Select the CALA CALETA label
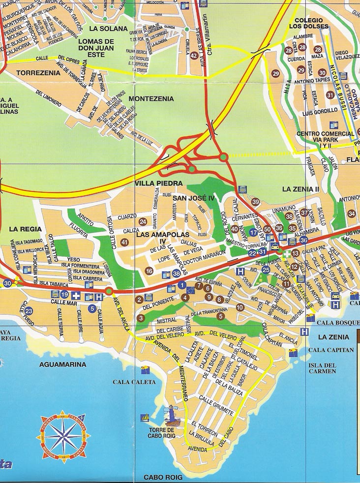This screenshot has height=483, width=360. coord(134,382)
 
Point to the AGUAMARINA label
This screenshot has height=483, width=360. coord(62,364)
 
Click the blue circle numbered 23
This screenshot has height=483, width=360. coord(29,311)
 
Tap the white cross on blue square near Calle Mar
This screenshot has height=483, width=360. coord(76,296)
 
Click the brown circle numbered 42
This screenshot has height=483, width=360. coord(194,56)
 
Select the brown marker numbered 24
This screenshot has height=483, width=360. coord(143,222)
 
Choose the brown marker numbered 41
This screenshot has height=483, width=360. coord(124,242)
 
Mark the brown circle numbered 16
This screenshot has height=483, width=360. coord(149,271)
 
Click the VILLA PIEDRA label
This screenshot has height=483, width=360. coord(155,183)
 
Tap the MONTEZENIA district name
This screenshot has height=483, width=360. coord(151,99)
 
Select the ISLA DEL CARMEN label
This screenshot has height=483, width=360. coord(322,368)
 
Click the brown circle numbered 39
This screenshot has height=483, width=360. coord(255,202)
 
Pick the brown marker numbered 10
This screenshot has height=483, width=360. coord(240,307)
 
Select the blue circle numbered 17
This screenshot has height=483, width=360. coord(254,232)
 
